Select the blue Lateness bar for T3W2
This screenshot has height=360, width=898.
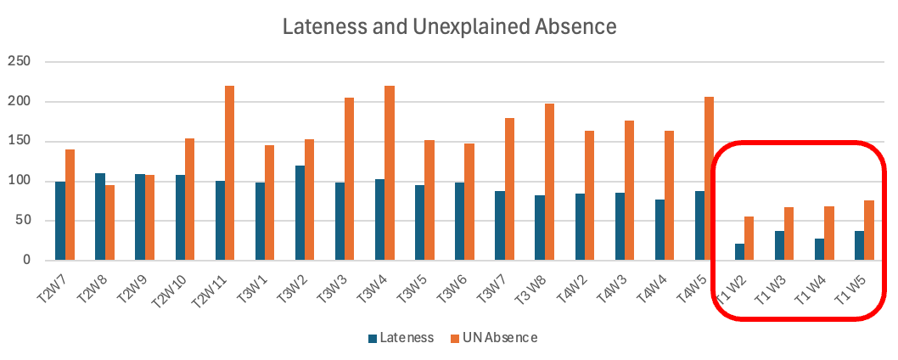click(x=300, y=213)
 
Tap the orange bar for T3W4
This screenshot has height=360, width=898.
click(x=390, y=173)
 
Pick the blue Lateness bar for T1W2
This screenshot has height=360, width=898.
click(x=739, y=252)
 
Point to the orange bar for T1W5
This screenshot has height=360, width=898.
click(x=868, y=230)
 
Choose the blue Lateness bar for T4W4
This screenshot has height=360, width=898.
click(x=659, y=230)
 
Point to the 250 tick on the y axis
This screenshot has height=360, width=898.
click(x=19, y=62)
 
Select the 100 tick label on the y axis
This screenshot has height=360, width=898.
click(x=19, y=181)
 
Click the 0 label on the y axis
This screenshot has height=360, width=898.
click(x=27, y=261)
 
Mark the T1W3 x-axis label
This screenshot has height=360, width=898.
click(x=770, y=284)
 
